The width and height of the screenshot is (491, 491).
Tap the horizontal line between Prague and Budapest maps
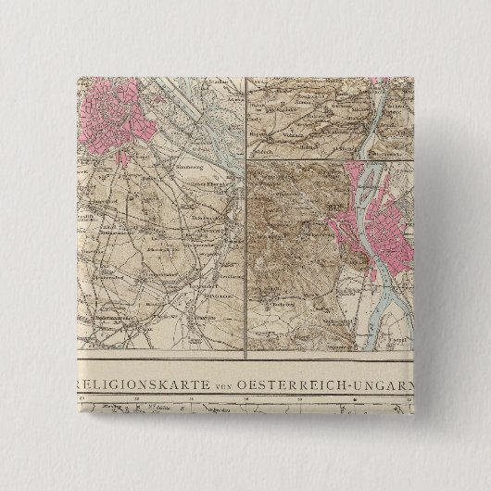(x=324, y=158)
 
